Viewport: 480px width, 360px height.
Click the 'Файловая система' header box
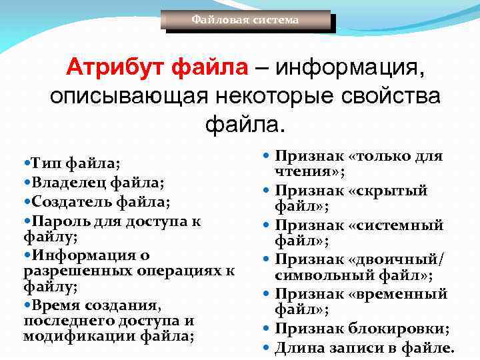tap(245, 20)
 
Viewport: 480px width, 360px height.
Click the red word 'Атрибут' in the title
tap(116, 68)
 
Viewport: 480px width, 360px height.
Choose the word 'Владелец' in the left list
tap(67, 182)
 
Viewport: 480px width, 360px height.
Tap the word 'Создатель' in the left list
tap(69, 201)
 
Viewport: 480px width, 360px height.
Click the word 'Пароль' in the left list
tap(58, 220)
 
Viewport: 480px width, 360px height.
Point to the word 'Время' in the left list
tap(55, 305)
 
